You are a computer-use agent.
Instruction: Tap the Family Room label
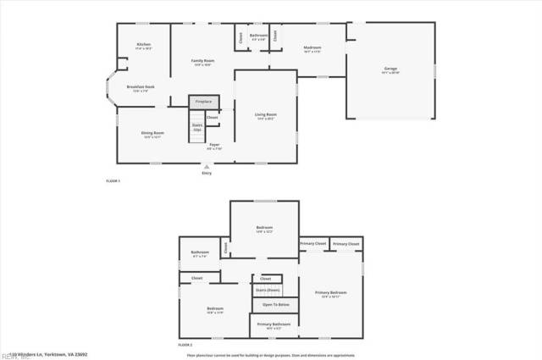click(x=202, y=61)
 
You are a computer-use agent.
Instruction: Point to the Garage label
click(x=390, y=69)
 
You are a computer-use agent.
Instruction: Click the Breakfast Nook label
click(x=140, y=87)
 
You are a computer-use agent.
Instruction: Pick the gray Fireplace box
click(x=203, y=102)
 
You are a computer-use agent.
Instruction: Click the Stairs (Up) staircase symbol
click(x=196, y=129)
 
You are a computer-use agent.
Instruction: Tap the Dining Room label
click(x=152, y=133)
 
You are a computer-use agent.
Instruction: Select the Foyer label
click(x=215, y=146)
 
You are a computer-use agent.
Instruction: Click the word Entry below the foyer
click(x=207, y=174)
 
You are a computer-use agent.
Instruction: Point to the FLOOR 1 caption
click(x=113, y=182)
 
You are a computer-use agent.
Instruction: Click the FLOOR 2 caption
click(x=185, y=346)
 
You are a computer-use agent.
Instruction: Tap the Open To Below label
click(x=275, y=304)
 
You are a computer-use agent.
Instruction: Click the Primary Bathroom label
click(x=274, y=324)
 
